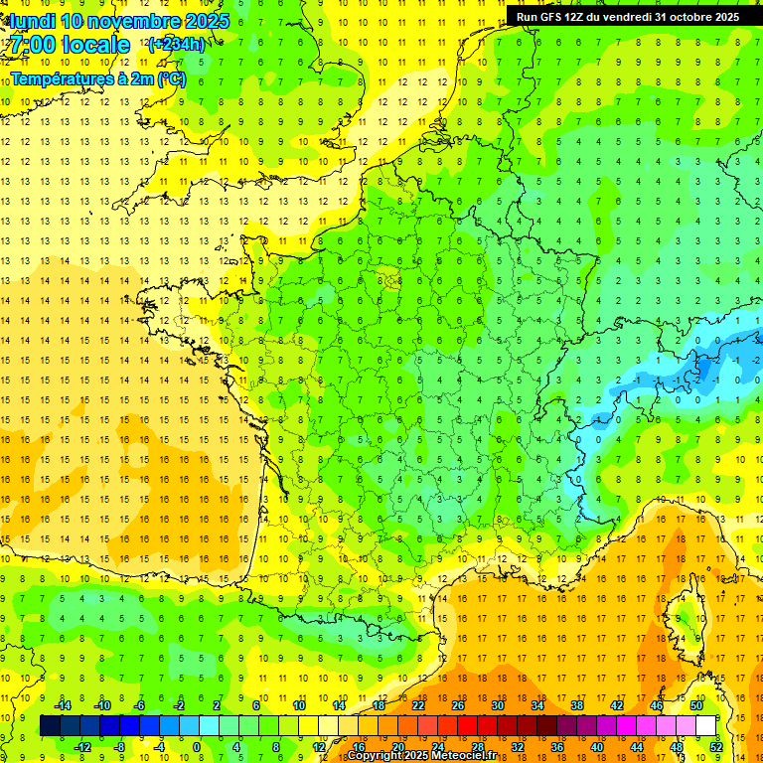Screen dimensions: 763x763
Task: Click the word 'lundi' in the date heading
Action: pos(33,21)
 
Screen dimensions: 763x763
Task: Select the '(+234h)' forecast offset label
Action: pos(176,44)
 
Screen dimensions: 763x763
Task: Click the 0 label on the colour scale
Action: pos(197,747)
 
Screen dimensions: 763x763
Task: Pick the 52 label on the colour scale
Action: pos(715,747)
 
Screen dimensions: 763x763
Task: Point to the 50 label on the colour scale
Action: pos(696,705)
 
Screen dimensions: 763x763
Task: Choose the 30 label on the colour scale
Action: pos(498,705)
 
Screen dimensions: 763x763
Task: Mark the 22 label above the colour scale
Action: pos(418,705)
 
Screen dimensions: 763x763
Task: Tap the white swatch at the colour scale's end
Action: pos(705,726)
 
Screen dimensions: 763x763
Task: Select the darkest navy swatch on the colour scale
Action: pos(50,726)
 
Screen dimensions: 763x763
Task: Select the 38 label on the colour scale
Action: pos(577,705)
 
